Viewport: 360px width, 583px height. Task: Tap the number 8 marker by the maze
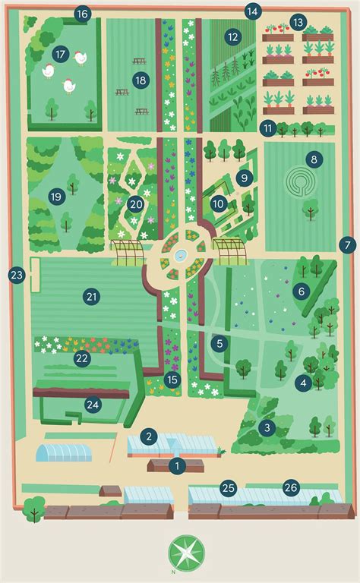click(x=311, y=159)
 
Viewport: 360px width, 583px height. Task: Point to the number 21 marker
click(x=92, y=297)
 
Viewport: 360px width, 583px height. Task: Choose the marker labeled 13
click(x=298, y=22)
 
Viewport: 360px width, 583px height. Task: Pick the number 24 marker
click(x=93, y=404)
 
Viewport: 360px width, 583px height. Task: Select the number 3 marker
click(x=267, y=428)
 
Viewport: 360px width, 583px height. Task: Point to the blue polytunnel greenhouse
click(x=64, y=452)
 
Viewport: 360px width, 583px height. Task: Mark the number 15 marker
click(x=172, y=379)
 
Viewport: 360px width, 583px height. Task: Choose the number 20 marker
click(x=136, y=203)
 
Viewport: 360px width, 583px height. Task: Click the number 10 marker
click(x=218, y=203)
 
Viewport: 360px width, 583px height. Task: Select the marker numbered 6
click(x=301, y=290)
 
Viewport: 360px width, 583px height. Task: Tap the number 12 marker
click(x=232, y=36)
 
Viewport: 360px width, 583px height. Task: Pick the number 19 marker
click(x=55, y=197)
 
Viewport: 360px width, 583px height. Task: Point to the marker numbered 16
click(x=82, y=13)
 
